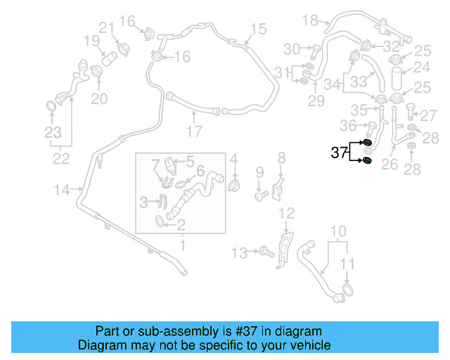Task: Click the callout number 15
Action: (x=258, y=29)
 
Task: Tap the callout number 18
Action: (x=310, y=20)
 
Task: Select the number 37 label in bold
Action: (x=340, y=152)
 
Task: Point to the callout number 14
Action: (x=63, y=188)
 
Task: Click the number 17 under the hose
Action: (x=194, y=131)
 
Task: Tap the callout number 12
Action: (x=286, y=213)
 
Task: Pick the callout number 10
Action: (x=338, y=231)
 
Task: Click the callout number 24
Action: (x=421, y=68)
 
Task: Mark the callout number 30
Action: (x=292, y=49)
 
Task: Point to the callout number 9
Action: (x=259, y=172)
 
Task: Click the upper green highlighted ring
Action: (x=367, y=143)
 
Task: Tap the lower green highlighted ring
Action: (x=367, y=163)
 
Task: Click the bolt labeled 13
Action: (x=265, y=250)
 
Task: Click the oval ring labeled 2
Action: (x=162, y=223)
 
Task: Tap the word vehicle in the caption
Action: (x=309, y=345)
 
